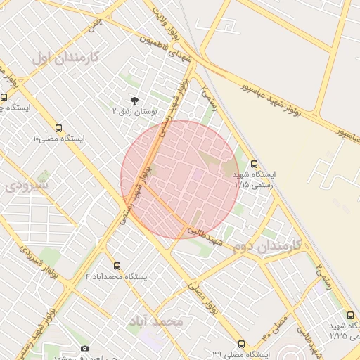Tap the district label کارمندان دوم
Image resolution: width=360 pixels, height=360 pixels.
[266, 246]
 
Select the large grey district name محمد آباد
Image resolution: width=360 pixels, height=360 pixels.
[155, 321]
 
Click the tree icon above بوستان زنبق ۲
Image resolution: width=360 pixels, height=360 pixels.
[134, 101]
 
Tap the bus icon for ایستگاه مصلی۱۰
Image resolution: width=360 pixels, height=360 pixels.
[58, 129]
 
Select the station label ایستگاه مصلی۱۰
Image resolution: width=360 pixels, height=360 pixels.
[58, 139]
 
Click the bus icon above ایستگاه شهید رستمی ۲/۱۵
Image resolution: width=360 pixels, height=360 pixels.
[254, 164]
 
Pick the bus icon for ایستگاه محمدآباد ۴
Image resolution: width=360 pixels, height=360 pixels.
[117, 266]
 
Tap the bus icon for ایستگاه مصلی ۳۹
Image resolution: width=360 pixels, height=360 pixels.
[241, 345]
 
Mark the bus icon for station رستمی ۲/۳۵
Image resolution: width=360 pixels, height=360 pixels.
[351, 315]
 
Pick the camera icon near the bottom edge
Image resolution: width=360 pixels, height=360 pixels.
[85, 349]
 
